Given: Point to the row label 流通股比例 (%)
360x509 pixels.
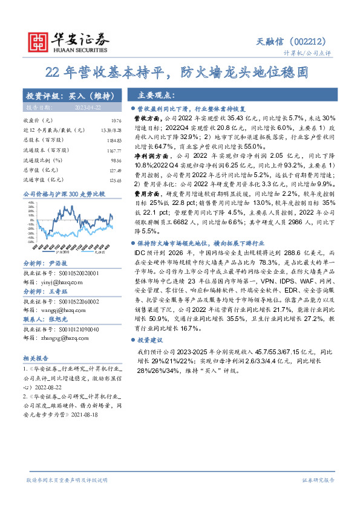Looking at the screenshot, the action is pos(42,160).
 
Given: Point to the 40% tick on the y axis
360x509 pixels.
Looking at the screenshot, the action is pos(30,204).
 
